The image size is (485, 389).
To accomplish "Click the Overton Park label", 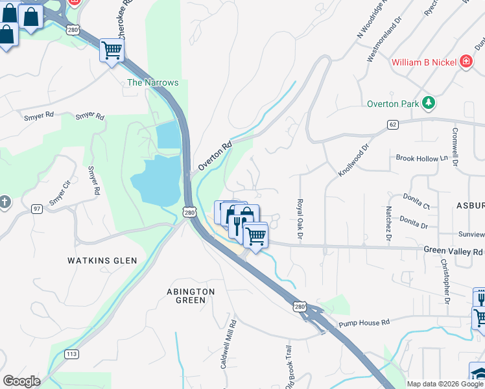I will tap(393, 103).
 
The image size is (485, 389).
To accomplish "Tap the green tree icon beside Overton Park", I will tap(427, 102).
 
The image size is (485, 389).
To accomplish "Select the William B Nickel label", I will tap(425, 62).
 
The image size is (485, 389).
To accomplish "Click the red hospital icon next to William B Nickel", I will tap(465, 62).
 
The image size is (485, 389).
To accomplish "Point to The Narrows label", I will tap(152, 82).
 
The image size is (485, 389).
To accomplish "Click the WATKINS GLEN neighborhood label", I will tap(102, 261).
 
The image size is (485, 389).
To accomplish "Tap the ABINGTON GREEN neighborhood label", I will tap(191, 296).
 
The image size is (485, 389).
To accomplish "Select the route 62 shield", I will tap(393, 124).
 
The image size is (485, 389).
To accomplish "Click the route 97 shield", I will tap(38, 208).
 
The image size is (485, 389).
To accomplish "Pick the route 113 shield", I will tap(72, 354).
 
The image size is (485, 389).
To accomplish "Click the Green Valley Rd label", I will tap(453, 252).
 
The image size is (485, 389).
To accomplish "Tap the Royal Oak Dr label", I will tap(300, 218).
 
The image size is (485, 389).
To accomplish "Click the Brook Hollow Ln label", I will tap(421, 158).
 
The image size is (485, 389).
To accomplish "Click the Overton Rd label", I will tap(215, 156).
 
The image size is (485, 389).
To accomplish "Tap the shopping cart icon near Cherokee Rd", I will tap(112, 50).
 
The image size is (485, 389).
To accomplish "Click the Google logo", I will tap(21, 381).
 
